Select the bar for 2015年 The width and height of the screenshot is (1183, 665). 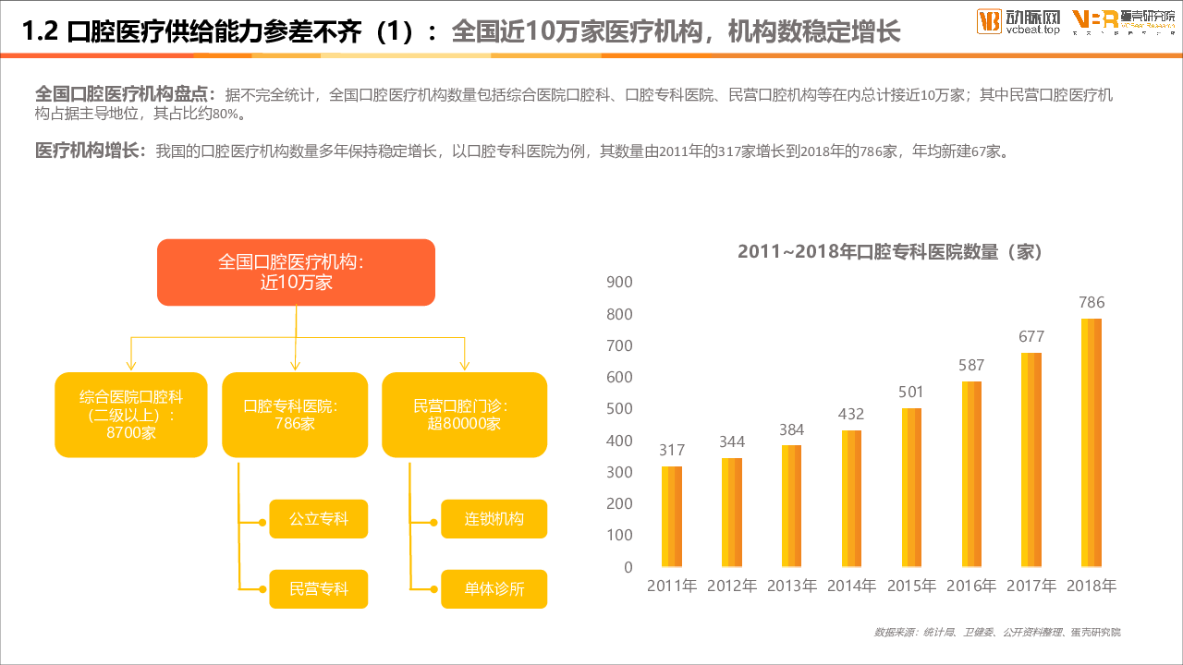[x=911, y=488]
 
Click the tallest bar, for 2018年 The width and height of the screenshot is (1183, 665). [x=1092, y=442]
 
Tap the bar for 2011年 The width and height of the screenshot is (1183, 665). [x=672, y=516]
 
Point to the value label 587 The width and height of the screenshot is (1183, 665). [x=971, y=365]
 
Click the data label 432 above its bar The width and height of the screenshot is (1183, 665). [x=851, y=414]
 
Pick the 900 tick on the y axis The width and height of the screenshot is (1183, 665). [x=619, y=283]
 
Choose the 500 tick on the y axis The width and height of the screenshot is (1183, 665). [x=619, y=409]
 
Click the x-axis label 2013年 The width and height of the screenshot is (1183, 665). [x=791, y=586]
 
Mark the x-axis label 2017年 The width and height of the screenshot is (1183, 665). [x=1031, y=586]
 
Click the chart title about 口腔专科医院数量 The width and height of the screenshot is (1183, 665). [x=890, y=251]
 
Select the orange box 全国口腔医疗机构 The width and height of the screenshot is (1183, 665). [x=296, y=272]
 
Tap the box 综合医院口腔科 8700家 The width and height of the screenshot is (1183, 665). [x=130, y=415]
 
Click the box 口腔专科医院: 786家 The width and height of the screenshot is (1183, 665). [x=295, y=415]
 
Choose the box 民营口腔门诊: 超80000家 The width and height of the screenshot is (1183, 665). [x=464, y=415]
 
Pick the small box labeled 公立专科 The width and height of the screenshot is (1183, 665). [x=319, y=519]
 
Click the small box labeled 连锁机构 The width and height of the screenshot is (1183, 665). [x=494, y=519]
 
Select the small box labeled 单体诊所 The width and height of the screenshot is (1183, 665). [x=494, y=589]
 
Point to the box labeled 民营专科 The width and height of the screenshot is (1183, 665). [x=319, y=589]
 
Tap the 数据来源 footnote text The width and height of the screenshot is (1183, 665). [x=997, y=633]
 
